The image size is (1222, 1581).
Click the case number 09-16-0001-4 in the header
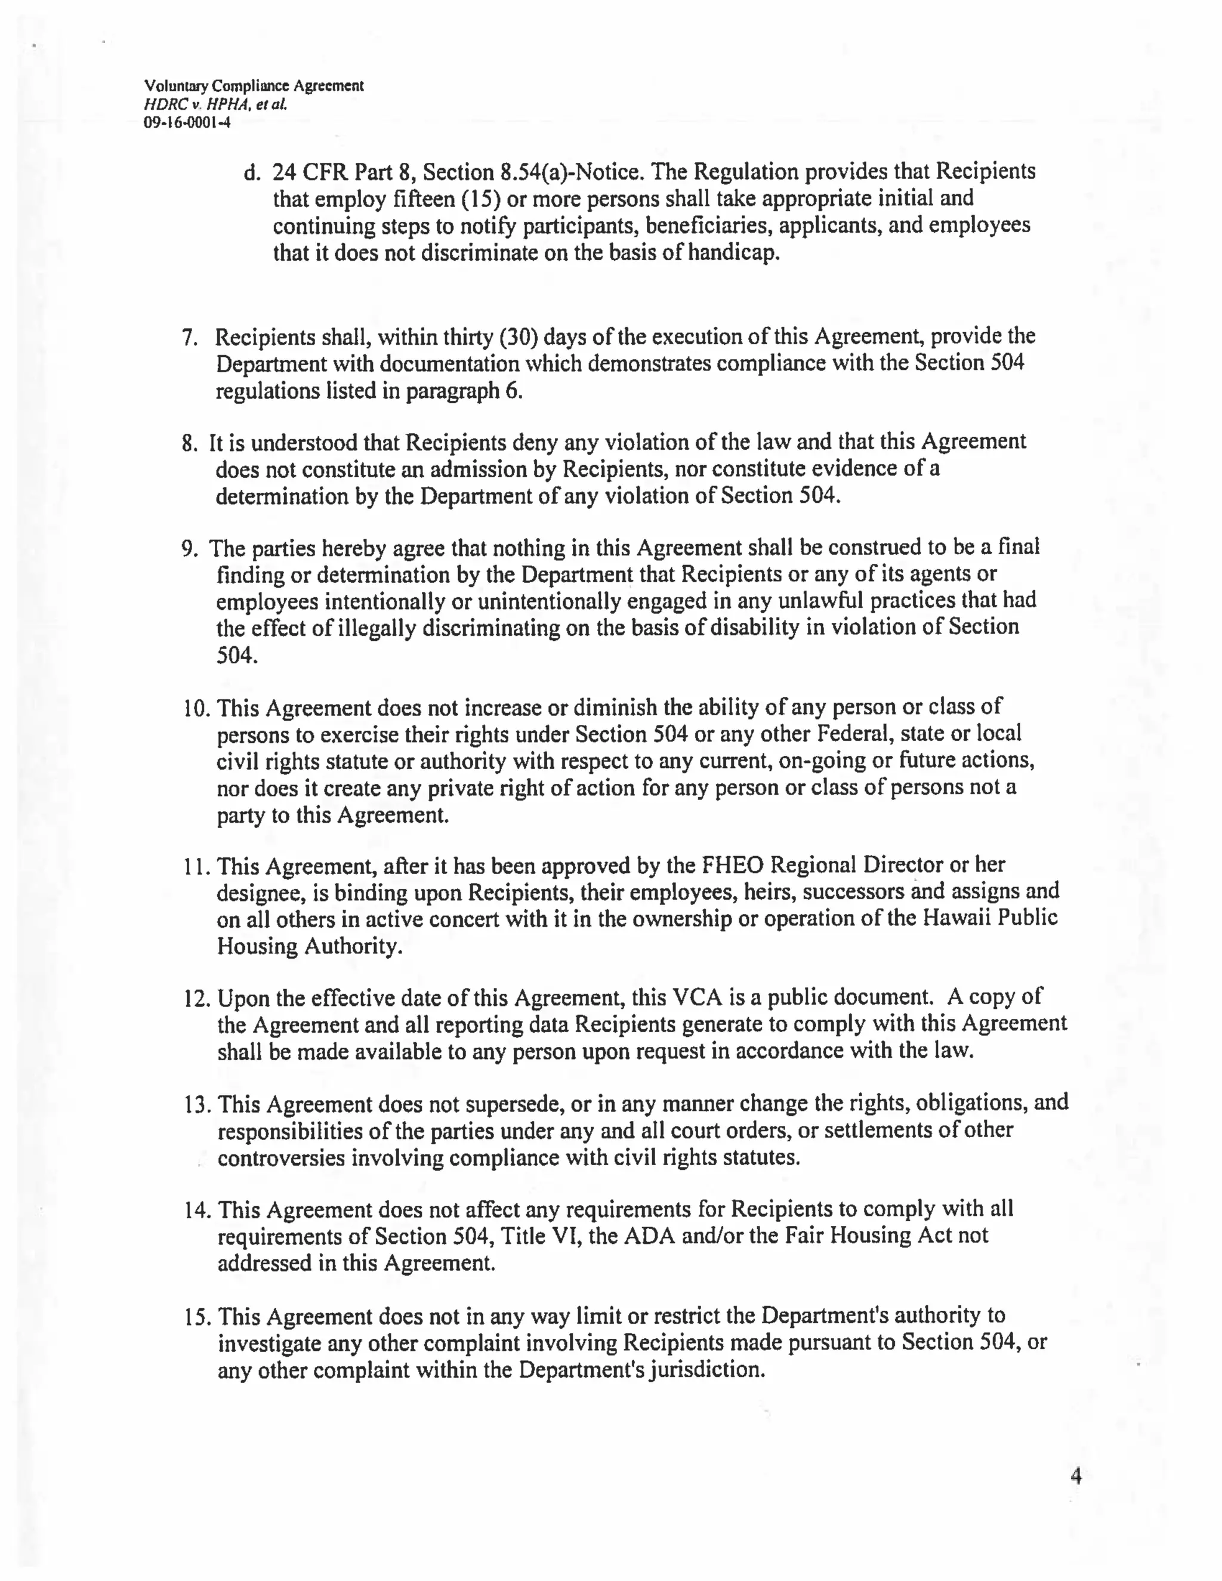(x=187, y=122)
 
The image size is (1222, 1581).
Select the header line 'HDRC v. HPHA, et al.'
(x=216, y=104)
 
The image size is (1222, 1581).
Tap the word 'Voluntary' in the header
(x=176, y=86)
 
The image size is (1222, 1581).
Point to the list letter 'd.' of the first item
(x=251, y=172)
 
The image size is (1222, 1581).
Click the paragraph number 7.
(x=189, y=337)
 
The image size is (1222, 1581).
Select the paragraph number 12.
(x=196, y=999)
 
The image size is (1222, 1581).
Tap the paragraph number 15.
(x=196, y=1317)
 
